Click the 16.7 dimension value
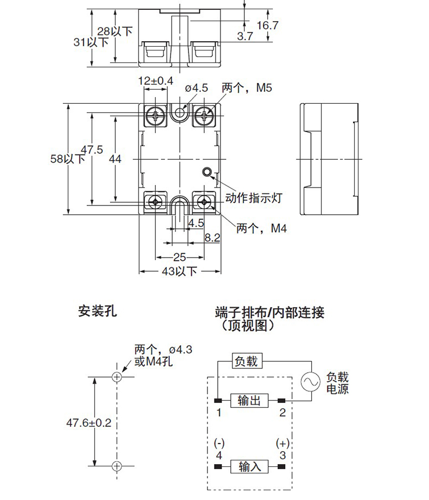tap(267, 25)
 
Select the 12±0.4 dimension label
tap(155, 81)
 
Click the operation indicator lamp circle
tap(207, 172)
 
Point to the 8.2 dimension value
tap(212, 237)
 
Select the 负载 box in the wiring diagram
tap(247, 361)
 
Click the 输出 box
tap(249, 401)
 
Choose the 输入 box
tap(249, 466)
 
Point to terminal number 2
tap(282, 412)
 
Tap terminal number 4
tap(219, 454)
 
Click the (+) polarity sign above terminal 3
tap(282, 442)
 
